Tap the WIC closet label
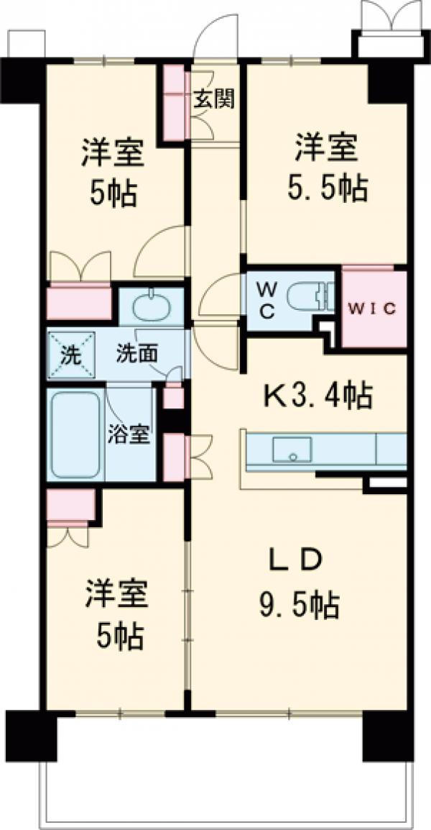[x=373, y=309]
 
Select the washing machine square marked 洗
[x=70, y=354]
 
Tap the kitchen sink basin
[x=292, y=450]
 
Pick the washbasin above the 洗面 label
[x=150, y=306]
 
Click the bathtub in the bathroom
[x=75, y=434]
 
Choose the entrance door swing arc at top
[x=216, y=36]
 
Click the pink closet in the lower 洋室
[x=71, y=506]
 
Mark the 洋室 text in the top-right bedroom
[x=325, y=150]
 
